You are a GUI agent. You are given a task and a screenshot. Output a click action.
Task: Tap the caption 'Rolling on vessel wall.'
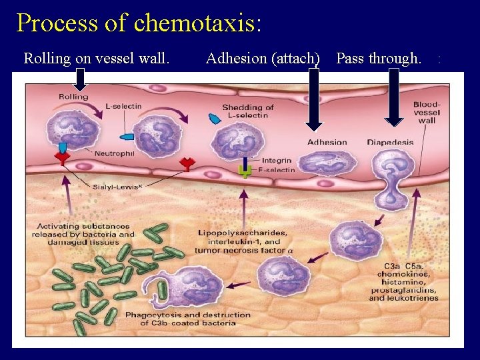click(97, 59)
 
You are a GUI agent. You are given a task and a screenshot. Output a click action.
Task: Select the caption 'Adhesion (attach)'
click(263, 59)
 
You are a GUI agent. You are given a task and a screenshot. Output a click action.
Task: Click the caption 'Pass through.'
click(378, 59)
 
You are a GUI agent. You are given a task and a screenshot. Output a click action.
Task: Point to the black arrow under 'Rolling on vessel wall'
click(80, 79)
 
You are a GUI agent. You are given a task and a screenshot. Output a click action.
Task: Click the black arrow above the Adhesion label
click(313, 100)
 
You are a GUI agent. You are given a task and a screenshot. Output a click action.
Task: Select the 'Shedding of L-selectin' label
click(247, 111)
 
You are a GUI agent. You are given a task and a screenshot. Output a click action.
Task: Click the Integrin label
click(276, 160)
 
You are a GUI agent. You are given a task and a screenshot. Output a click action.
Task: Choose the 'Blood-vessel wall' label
click(426, 113)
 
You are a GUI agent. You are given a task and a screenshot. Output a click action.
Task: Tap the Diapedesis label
click(390, 142)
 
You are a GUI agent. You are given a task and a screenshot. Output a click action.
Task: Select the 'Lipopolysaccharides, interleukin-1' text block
click(243, 241)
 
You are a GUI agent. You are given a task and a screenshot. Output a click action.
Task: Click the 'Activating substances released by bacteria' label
click(85, 234)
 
